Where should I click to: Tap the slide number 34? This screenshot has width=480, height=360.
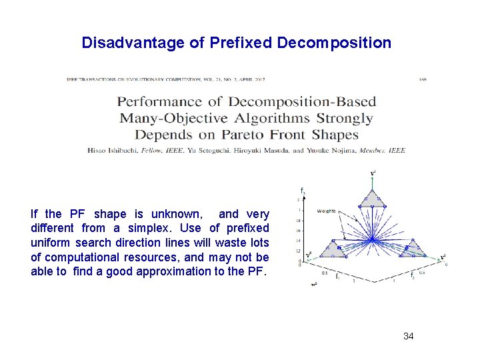tap(409, 336)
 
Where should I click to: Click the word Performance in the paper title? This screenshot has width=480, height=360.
tap(159, 102)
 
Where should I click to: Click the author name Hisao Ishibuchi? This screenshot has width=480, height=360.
tap(113, 151)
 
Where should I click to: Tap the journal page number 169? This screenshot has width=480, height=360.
tap(423, 79)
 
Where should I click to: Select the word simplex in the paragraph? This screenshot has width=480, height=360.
tap(138, 229)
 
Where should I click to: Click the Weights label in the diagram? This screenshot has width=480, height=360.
tap(327, 211)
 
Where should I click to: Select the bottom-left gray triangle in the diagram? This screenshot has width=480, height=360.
tap(331, 249)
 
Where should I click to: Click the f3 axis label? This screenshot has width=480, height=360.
tap(303, 192)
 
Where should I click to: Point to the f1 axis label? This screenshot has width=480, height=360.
tap(337, 275)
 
